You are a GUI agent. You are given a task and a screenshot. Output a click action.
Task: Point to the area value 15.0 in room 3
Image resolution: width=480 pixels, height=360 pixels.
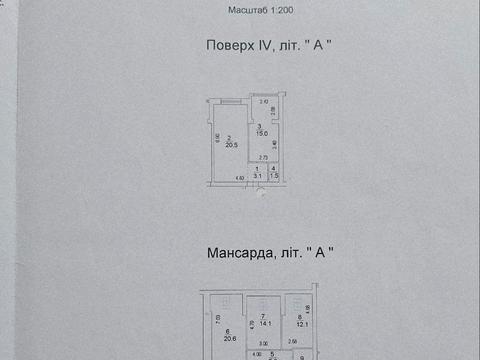[262, 132]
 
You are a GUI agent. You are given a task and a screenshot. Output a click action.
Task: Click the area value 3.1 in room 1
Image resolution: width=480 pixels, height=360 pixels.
[257, 175]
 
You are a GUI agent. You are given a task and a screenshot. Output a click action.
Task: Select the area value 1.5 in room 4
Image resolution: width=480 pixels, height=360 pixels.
[274, 174]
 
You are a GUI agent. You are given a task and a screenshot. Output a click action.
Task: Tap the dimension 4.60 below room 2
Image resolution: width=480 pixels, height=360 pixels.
[239, 178]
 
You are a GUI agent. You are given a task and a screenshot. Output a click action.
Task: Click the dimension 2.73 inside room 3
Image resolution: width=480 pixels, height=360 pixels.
[263, 158]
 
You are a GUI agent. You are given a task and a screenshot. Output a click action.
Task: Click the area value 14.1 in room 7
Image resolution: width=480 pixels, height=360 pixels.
[265, 322]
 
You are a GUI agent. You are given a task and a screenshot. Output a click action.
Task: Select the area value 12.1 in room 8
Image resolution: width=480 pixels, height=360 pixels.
[299, 323]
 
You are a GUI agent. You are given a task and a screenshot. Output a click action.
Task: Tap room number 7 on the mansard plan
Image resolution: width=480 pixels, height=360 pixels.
[264, 315]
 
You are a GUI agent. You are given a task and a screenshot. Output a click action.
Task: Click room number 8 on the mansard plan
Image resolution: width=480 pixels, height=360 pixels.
[299, 316]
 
